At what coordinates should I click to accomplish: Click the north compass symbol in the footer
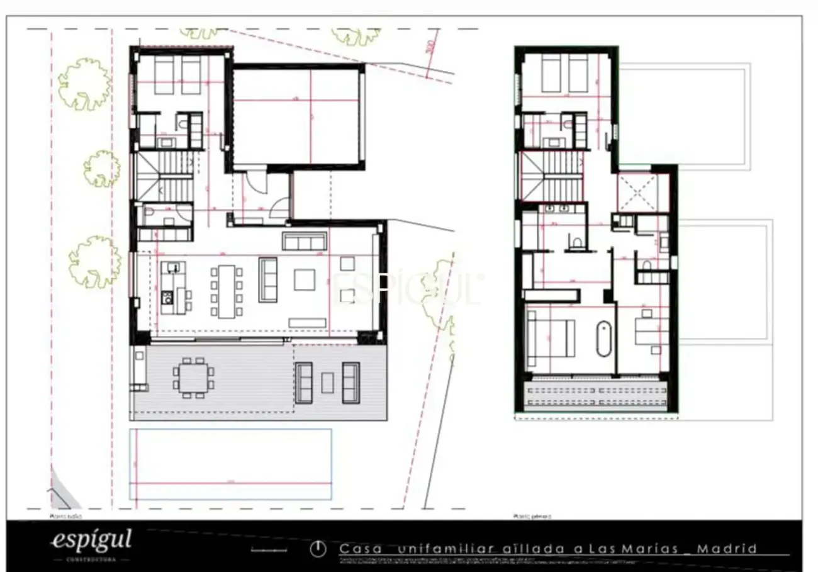coord(318,549)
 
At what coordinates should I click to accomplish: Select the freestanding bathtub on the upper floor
coord(603,340)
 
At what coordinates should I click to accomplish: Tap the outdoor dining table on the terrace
coord(193,378)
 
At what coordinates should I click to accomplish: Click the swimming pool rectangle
coord(230,463)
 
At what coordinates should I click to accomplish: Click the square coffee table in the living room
coord(305,279)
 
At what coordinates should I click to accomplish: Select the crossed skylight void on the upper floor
coord(637,191)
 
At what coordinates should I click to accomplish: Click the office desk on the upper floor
coord(651,328)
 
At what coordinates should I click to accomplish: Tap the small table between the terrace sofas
coord(327,382)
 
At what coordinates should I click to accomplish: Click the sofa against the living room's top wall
coord(305,241)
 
